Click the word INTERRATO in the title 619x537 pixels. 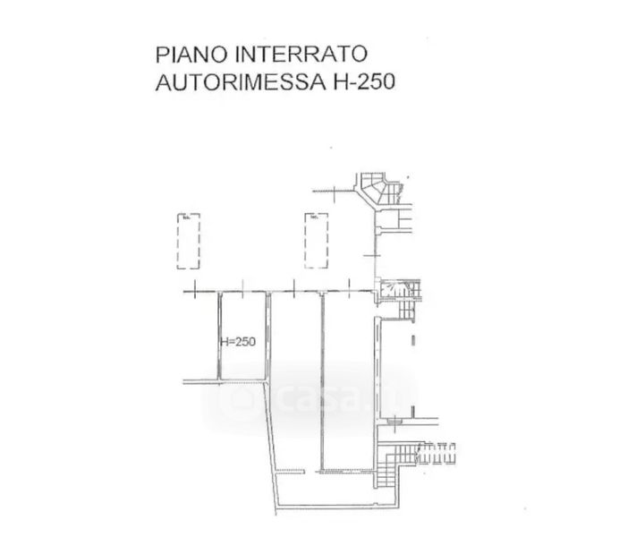tap(292, 56)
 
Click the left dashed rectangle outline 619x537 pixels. tap(188, 241)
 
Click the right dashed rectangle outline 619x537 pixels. tap(316, 241)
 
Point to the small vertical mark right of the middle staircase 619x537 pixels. tap(413, 340)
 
